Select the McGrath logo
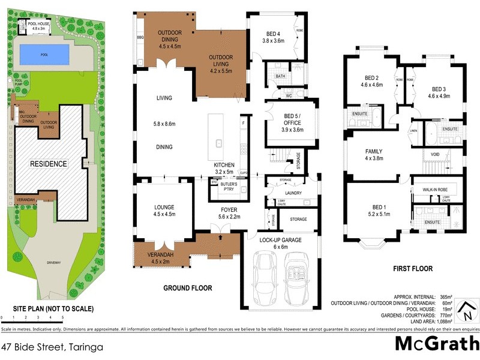tap(436, 344)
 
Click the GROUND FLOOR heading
tap(188, 288)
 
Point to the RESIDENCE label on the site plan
tap(49, 163)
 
